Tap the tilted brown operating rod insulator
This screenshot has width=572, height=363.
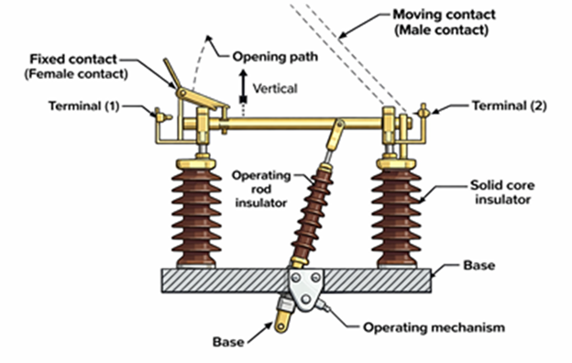(x=310, y=216)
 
